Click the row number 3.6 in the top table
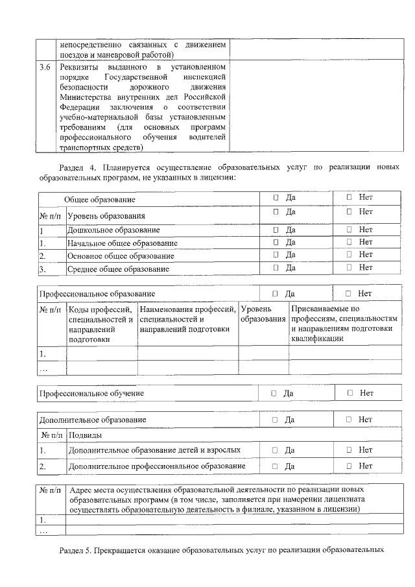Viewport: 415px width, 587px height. (45, 67)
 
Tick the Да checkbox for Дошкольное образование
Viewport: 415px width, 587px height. (276, 230)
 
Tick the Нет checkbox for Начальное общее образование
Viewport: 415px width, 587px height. (349, 242)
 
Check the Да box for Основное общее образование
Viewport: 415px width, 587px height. (276, 254)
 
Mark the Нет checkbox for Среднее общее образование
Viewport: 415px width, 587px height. (349, 267)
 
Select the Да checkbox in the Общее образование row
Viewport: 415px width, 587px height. (276, 197)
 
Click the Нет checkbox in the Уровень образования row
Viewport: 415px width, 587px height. (349, 211)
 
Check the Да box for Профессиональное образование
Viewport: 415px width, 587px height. (276, 294)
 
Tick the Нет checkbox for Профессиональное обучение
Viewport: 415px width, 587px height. (350, 393)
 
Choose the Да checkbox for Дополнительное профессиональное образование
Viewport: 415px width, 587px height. (275, 466)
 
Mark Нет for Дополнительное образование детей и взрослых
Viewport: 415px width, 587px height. (349, 449)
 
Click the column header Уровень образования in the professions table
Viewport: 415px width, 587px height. (263, 315)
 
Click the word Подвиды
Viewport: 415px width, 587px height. (86, 435)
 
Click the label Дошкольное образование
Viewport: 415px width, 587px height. (113, 230)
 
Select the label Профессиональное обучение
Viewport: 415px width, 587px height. (91, 394)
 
